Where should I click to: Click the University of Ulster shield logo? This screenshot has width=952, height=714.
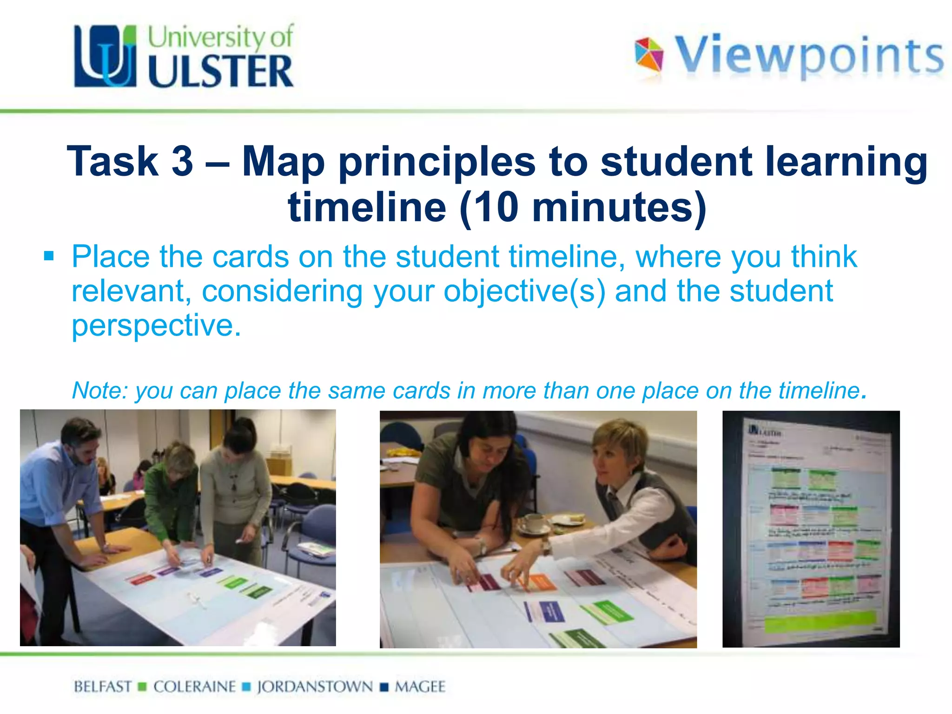point(105,56)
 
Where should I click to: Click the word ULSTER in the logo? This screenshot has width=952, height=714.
point(220,72)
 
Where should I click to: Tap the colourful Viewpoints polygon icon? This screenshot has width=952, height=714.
point(649,55)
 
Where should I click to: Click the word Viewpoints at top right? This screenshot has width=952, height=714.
point(809,56)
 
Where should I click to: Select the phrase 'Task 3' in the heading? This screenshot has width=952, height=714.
point(130,161)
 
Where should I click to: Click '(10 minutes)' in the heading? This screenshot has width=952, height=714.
point(583,207)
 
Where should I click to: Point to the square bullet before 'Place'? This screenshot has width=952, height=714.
point(49,256)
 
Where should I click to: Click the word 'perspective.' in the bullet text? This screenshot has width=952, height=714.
point(156,325)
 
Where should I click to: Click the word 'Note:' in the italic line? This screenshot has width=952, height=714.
point(99,390)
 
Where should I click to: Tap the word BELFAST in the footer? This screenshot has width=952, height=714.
point(103,687)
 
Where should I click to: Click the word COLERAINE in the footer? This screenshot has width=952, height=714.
point(194,687)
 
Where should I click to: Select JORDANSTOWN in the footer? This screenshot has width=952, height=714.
point(315,687)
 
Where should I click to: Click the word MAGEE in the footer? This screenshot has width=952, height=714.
point(420,687)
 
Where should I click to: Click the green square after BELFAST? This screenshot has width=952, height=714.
point(143,687)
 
